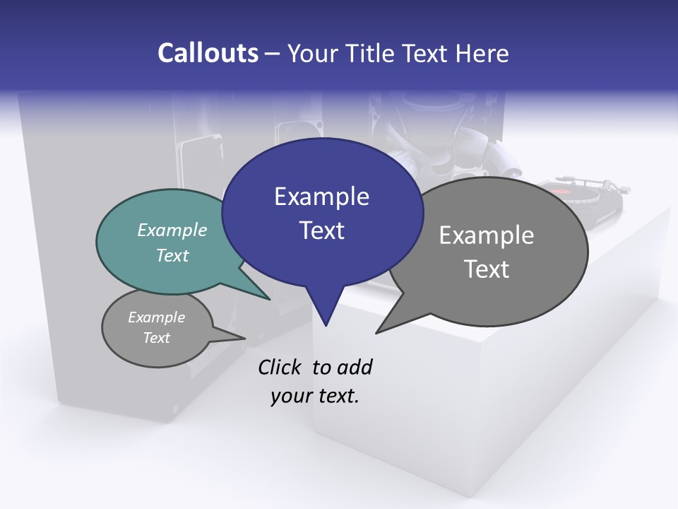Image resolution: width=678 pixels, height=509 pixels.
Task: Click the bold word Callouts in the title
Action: (x=208, y=53)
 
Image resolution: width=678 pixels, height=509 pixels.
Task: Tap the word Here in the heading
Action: (x=480, y=53)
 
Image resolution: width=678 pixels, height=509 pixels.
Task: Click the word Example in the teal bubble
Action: (x=172, y=230)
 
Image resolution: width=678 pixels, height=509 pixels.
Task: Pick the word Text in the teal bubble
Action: (x=172, y=255)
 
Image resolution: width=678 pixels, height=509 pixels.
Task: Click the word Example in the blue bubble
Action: (x=321, y=197)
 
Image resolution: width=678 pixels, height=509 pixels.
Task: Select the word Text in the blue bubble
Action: (x=321, y=230)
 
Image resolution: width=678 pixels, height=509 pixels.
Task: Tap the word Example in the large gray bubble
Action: (x=487, y=235)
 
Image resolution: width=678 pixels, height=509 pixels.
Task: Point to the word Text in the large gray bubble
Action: (x=487, y=269)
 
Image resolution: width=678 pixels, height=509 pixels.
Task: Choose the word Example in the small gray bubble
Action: (x=157, y=317)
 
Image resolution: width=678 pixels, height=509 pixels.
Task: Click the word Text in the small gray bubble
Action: (x=157, y=338)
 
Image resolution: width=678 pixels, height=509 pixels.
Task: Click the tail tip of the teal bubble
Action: (x=269, y=299)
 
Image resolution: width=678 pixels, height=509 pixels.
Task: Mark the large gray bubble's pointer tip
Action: (x=377, y=332)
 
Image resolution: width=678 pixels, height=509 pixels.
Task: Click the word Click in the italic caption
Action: (x=281, y=367)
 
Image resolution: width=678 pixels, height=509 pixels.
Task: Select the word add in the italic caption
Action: (x=355, y=367)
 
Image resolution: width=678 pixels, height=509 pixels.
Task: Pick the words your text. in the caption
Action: (x=315, y=396)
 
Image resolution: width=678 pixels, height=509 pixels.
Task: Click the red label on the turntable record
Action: (x=561, y=191)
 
